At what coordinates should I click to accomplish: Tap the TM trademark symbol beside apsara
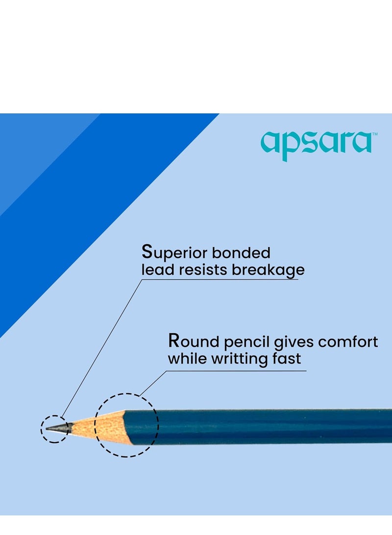pyautogui.click(x=374, y=134)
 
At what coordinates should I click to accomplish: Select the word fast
pyautogui.click(x=286, y=358)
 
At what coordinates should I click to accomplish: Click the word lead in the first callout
pyautogui.click(x=155, y=270)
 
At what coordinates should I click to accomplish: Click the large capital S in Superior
pyautogui.click(x=147, y=252)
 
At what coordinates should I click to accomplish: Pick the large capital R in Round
pyautogui.click(x=174, y=341)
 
